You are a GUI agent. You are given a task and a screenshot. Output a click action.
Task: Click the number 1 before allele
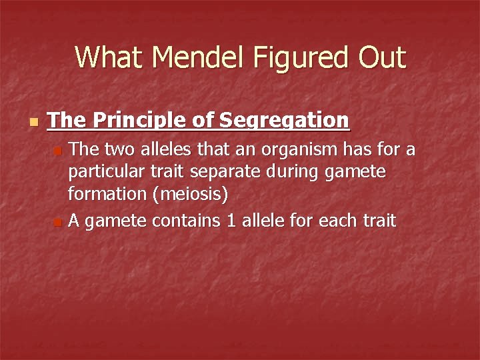231,220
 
